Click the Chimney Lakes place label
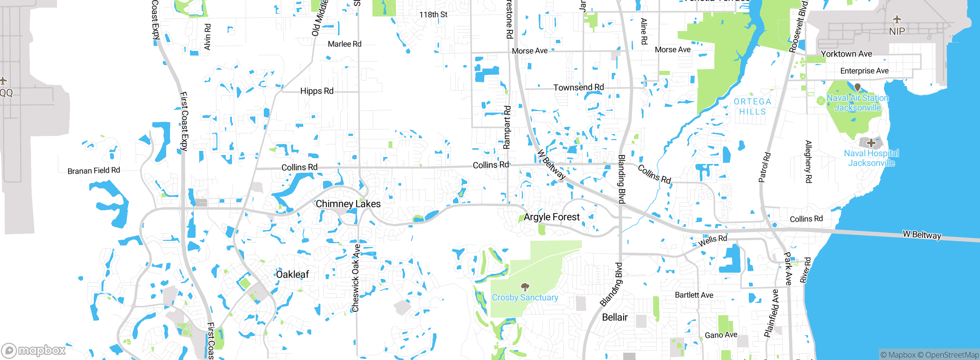pyautogui.click(x=348, y=204)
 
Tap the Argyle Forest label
pyautogui.click(x=552, y=217)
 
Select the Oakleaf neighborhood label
pyautogui.click(x=292, y=275)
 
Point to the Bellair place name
pyautogui.click(x=615, y=317)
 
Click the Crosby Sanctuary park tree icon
pyautogui.click(x=525, y=287)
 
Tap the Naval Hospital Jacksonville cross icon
pyautogui.click(x=871, y=143)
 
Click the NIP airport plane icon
pyautogui.click(x=897, y=20)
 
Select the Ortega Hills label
pyautogui.click(x=752, y=106)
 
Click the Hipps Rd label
pyautogui.click(x=317, y=91)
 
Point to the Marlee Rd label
pyautogui.click(x=345, y=44)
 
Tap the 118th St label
pyautogui.click(x=433, y=15)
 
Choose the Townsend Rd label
pyautogui.click(x=578, y=88)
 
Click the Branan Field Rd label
pyautogui.click(x=94, y=170)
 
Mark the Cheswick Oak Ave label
pyautogui.click(x=356, y=278)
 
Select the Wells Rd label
pyautogui.click(x=712, y=241)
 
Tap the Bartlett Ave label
pyautogui.click(x=694, y=295)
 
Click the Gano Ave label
pyautogui.click(x=721, y=335)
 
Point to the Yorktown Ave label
pyautogui.click(x=846, y=54)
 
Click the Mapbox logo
pyautogui.click(x=34, y=350)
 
